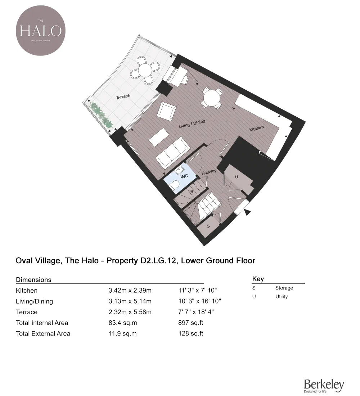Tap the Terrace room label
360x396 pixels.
click(x=123, y=96)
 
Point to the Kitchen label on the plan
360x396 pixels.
click(x=257, y=128)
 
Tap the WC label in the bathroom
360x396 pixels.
click(x=185, y=176)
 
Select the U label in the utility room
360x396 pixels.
click(x=236, y=177)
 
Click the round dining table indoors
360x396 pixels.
click(x=211, y=97)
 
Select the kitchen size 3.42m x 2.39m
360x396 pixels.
click(x=130, y=291)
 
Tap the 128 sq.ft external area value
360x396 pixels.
click(x=191, y=334)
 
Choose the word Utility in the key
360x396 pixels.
click(x=282, y=297)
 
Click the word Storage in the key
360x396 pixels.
click(x=284, y=288)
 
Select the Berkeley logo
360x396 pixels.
click(x=324, y=385)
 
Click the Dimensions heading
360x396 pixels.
click(x=34, y=280)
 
